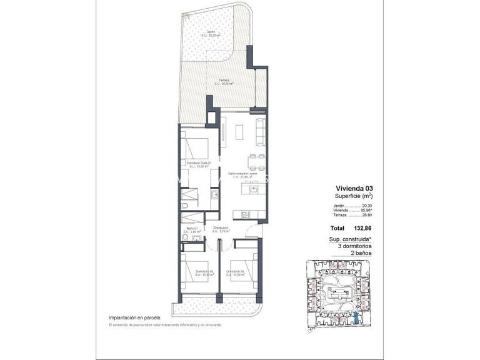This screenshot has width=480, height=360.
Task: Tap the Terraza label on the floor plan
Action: click(x=224, y=81)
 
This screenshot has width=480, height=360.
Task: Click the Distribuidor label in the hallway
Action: click(x=221, y=229)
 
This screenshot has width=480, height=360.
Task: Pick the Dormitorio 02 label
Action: click(x=204, y=272)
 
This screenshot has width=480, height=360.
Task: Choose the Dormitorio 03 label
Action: click(x=236, y=272)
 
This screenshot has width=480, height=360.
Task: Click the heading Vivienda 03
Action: click(x=354, y=187)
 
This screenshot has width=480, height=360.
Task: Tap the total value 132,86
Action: click(x=362, y=229)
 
